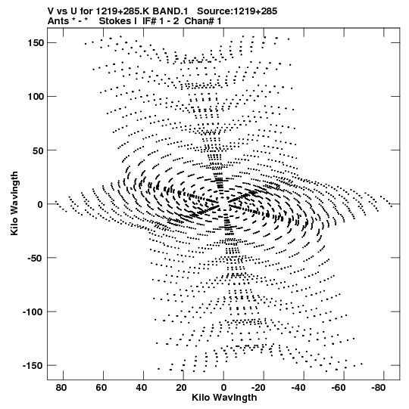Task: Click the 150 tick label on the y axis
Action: click(36, 43)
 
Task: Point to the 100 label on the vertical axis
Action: click(36, 97)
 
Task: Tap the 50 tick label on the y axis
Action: click(38, 150)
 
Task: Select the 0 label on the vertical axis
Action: click(40, 204)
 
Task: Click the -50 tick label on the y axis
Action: click(36, 258)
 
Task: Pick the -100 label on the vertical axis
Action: click(33, 311)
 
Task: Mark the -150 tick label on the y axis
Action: click(33, 365)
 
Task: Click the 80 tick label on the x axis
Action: click(61, 388)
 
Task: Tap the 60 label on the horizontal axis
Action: click(101, 388)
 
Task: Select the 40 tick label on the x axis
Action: click(142, 388)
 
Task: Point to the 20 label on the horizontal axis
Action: click(181, 388)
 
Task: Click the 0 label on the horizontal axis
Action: click(223, 388)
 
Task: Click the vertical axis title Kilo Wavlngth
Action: click(14, 203)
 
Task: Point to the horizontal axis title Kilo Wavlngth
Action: click(224, 398)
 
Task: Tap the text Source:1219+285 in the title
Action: click(237, 11)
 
